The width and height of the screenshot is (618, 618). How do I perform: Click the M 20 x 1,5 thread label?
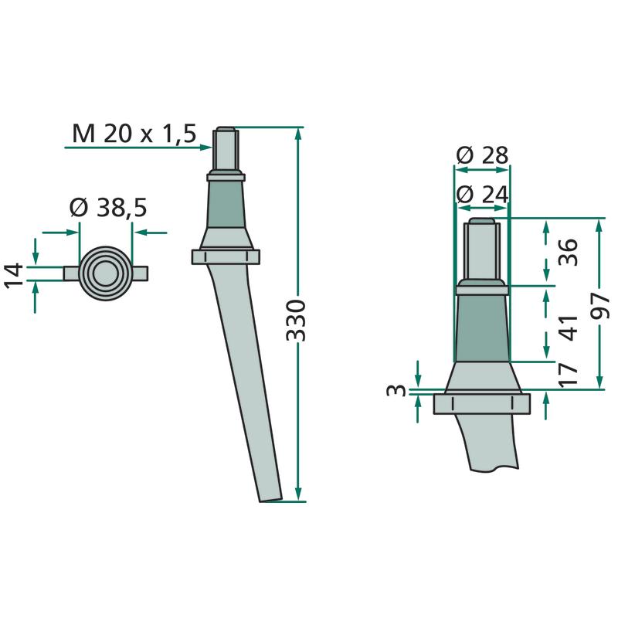pyautogui.click(x=134, y=133)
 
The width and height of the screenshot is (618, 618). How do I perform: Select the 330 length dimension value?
pyautogui.click(x=296, y=320)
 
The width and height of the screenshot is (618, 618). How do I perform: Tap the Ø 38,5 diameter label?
pyautogui.click(x=108, y=208)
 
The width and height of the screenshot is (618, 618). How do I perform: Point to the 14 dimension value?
pyautogui.click(x=13, y=276)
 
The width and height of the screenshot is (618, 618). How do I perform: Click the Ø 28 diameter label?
pyautogui.click(x=482, y=155)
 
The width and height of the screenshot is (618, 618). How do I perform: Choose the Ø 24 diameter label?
pyautogui.click(x=482, y=195)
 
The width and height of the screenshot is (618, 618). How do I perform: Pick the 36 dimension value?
pyautogui.click(x=568, y=252)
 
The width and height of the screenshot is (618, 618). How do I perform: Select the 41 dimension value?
pyautogui.click(x=568, y=328)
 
